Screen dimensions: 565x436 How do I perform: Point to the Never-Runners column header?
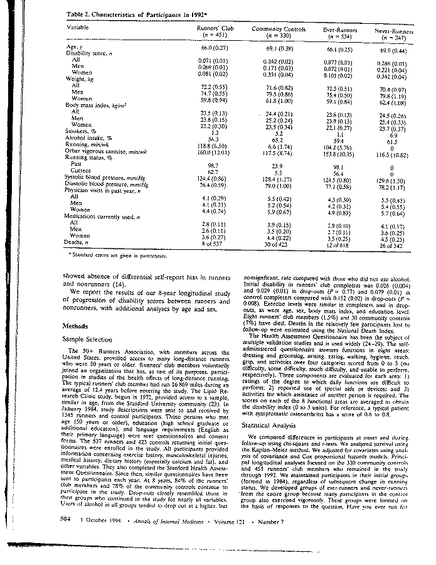tap(394, 32)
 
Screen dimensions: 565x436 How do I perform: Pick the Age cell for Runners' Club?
tap(213, 48)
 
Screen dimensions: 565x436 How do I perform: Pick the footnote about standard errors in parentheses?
tap(120, 256)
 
